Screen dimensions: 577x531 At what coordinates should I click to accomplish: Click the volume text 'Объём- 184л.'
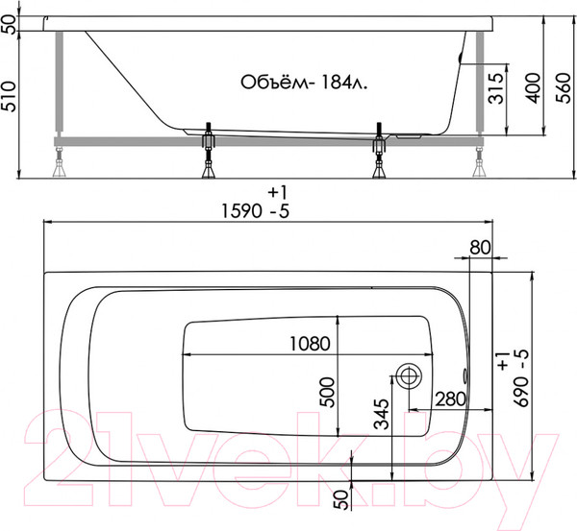tap(304, 83)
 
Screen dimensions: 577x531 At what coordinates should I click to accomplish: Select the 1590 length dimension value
tap(241, 211)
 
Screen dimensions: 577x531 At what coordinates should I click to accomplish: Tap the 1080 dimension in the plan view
tap(310, 344)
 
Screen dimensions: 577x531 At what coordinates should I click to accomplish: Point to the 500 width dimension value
tap(327, 392)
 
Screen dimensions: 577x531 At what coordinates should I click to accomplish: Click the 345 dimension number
tap(381, 414)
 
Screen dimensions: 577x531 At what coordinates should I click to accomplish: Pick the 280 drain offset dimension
tap(451, 398)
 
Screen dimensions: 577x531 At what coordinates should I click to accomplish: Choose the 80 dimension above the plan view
tap(480, 248)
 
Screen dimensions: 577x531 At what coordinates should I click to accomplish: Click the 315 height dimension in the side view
tap(497, 88)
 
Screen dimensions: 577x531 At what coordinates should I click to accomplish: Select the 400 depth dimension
tap(533, 88)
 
